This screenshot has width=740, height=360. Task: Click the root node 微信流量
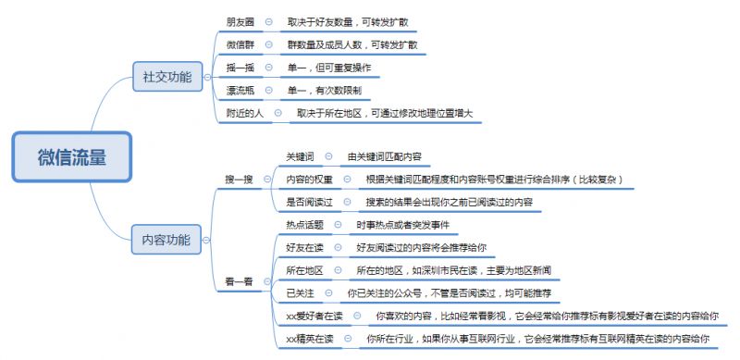click(71, 156)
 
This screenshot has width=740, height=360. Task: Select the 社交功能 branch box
click(166, 77)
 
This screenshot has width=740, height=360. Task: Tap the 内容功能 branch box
click(166, 241)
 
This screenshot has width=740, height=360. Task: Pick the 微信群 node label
click(240, 44)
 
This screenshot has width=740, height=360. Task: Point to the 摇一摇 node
click(240, 68)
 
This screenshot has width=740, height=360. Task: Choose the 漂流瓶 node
click(240, 91)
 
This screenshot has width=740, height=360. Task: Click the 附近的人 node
click(245, 114)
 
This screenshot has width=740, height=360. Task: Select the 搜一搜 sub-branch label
click(238, 179)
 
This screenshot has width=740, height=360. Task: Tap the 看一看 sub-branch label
click(238, 280)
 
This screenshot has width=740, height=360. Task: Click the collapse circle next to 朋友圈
click(268, 20)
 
